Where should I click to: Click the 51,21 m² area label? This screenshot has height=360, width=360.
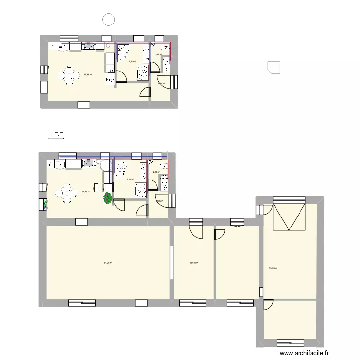[108, 263]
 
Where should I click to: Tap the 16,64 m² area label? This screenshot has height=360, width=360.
[194, 263]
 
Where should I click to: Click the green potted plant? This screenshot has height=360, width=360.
[108, 197]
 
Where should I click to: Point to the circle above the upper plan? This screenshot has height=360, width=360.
[109, 20]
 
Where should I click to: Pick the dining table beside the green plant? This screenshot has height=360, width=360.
[66, 194]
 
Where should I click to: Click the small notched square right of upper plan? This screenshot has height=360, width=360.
[274, 67]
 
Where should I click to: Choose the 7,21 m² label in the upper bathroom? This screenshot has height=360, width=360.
[132, 61]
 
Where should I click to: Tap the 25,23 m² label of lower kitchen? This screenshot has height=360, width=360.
[86, 192]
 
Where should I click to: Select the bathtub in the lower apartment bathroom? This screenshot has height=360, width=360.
[121, 170]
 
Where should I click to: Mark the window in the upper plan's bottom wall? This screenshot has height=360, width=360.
[84, 104]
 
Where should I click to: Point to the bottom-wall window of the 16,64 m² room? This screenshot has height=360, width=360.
[193, 303]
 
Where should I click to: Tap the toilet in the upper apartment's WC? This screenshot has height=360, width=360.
[165, 48]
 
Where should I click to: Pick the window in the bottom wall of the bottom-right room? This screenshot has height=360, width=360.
[290, 342]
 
